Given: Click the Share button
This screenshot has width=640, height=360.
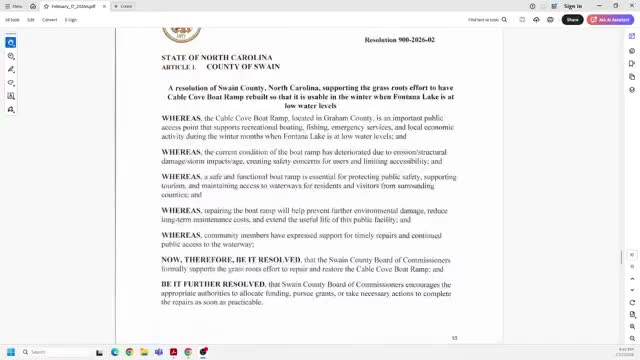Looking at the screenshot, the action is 572,19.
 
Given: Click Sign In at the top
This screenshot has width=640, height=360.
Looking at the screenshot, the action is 573,6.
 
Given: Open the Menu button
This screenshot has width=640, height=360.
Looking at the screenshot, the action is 14,6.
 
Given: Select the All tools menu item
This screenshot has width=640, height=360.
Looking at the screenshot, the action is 12,19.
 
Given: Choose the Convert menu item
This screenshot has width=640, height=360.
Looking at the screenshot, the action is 49,19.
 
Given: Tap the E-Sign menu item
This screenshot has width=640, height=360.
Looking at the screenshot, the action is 71,19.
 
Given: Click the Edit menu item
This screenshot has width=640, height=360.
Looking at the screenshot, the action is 31,19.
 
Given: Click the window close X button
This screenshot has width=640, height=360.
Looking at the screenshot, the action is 631,6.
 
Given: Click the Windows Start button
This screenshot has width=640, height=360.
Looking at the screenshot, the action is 11,352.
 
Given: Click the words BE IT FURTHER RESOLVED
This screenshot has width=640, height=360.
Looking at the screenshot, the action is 213,284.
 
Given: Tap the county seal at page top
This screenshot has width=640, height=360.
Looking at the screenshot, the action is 181,34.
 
